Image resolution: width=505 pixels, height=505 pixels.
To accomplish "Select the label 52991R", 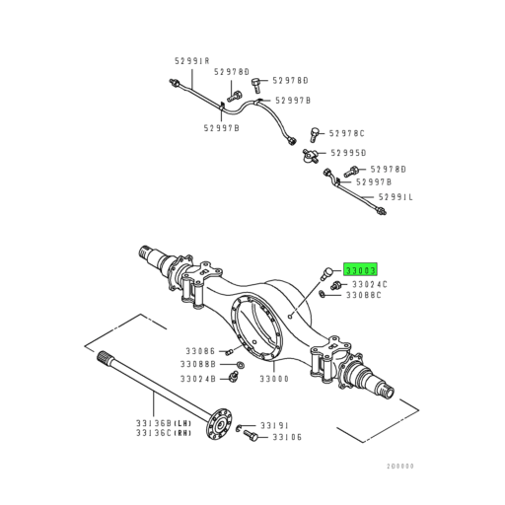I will click(x=192, y=61).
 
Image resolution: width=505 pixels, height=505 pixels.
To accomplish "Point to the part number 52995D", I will click(x=347, y=153).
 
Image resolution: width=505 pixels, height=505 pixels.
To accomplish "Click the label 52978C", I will click(x=347, y=133).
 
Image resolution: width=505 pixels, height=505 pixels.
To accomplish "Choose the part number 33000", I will click(x=274, y=379).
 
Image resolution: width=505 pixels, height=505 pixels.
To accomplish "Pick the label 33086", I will click(x=198, y=350).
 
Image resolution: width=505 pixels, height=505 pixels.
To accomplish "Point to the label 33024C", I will click(x=369, y=284).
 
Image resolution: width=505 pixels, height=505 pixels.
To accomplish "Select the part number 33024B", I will click(x=198, y=378).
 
